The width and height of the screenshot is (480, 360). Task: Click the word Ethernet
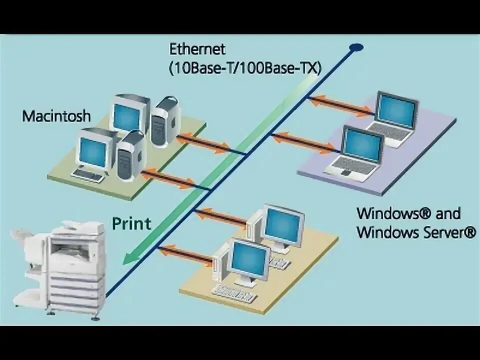(197, 49)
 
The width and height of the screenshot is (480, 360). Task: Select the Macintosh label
(56, 116)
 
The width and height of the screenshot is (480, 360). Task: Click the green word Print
(131, 223)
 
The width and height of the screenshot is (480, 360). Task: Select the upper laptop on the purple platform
(395, 118)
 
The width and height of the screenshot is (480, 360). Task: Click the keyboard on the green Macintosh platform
(88, 174)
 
